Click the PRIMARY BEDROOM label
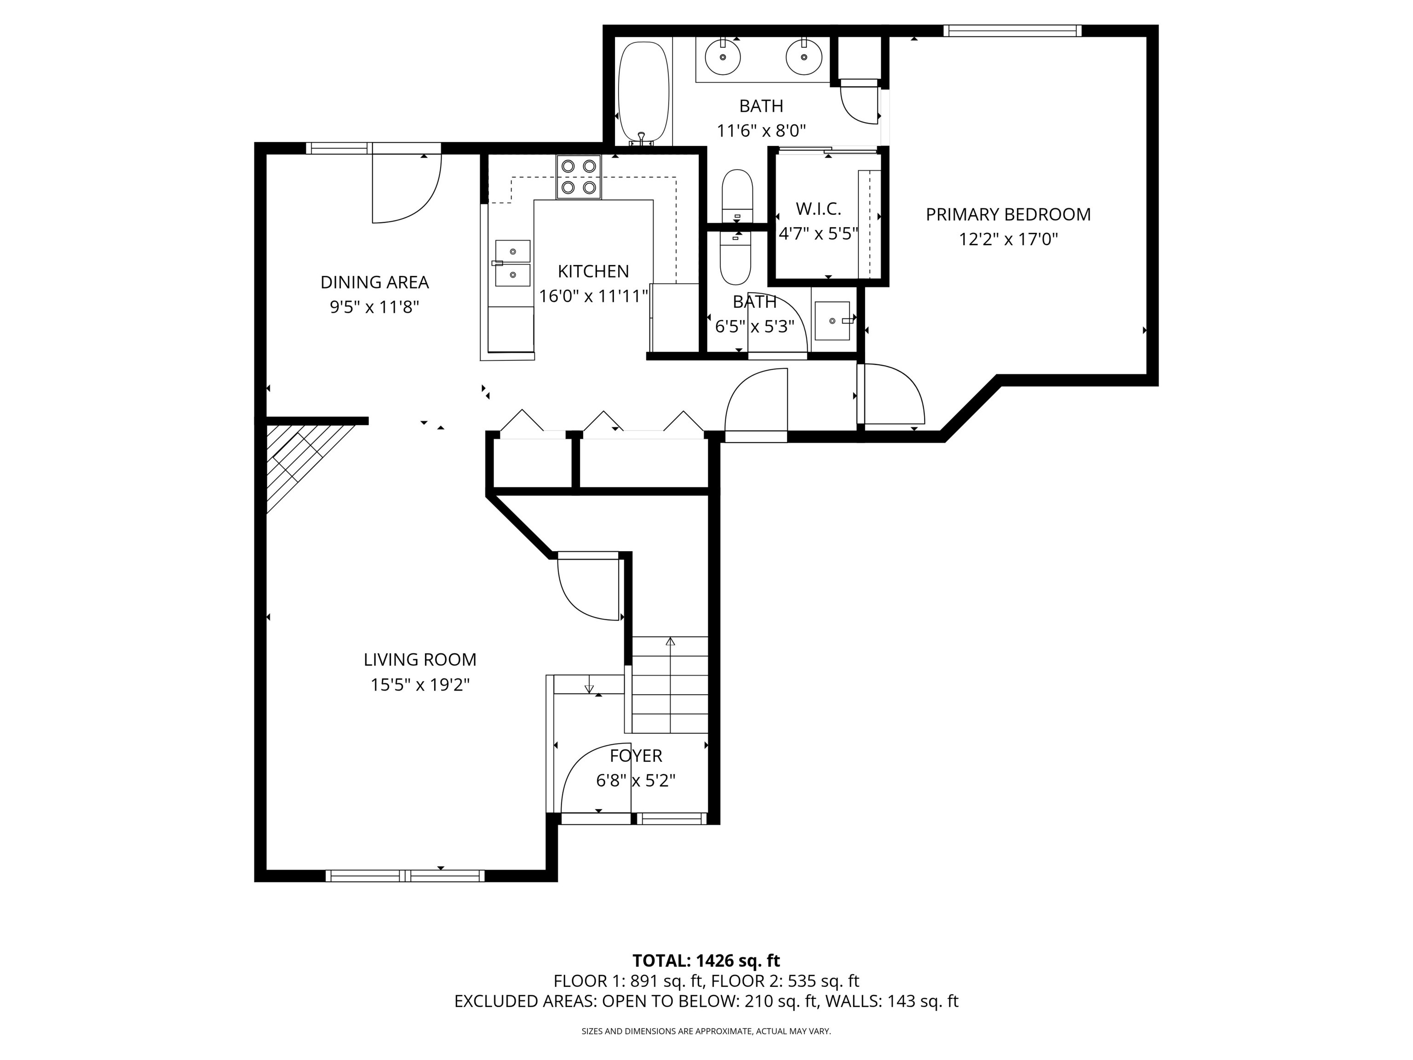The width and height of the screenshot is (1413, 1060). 1008,215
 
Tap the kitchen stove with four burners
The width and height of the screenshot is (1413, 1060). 579,177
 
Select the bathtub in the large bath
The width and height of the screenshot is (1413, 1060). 643,92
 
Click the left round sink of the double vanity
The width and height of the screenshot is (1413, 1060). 723,56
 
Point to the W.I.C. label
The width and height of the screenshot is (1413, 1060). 818,209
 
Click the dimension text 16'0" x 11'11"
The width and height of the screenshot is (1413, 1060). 593,296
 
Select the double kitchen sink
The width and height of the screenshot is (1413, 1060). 512,263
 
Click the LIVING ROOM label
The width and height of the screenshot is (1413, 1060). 419,659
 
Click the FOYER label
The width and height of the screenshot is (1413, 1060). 636,756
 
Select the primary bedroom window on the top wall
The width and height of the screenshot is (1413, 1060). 1012,30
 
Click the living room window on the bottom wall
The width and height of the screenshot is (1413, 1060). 405,876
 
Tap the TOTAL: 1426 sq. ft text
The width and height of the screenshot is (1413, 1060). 706,960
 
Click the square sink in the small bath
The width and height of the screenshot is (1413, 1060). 833,321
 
